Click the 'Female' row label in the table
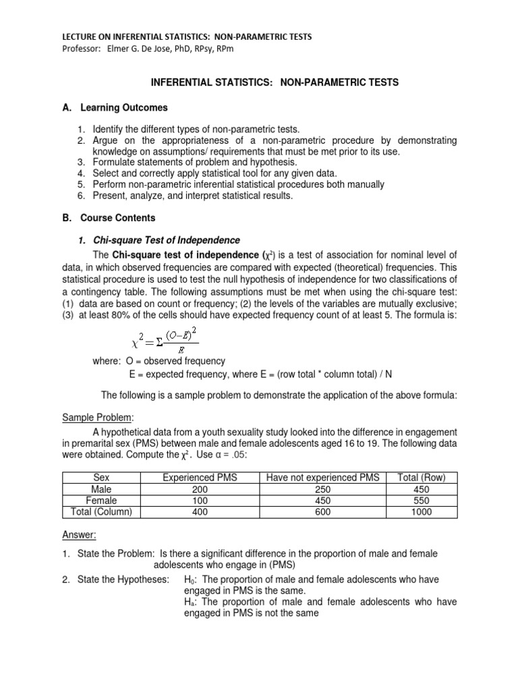coord(101,500)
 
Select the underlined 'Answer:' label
coord(80,534)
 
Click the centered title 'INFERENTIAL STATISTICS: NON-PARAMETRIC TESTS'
coord(274,82)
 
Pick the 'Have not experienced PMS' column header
coord(323,478)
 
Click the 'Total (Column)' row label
coord(101,512)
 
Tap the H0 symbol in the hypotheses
coord(189,580)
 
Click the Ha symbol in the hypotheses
coord(189,603)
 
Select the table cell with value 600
coord(323,512)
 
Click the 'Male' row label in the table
coord(101,489)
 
